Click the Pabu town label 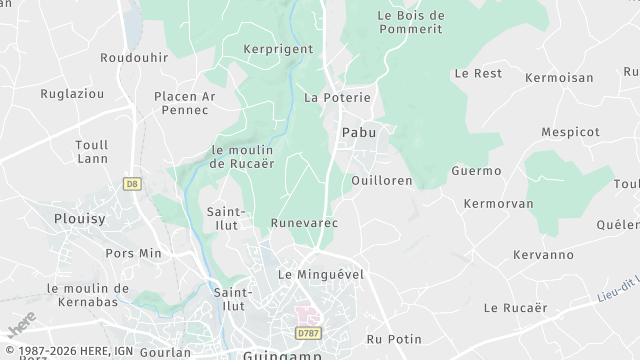click(358, 132)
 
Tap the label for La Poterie click(337, 98)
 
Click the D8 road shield click(131, 183)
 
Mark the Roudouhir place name click(134, 58)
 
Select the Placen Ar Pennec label click(184, 102)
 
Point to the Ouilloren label click(382, 181)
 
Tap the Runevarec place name click(304, 223)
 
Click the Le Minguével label click(320, 274)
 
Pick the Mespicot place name click(570, 131)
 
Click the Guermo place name click(476, 171)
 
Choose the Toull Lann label click(92, 151)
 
